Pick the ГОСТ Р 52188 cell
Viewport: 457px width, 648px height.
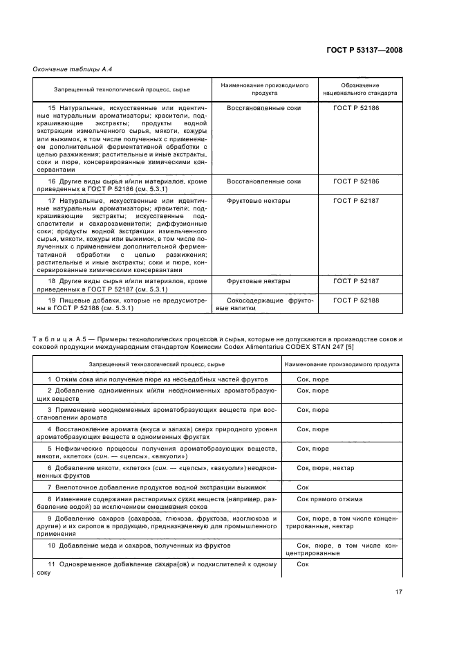click(356, 301)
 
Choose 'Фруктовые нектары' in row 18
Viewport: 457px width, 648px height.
click(259, 281)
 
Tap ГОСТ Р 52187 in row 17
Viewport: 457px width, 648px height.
click(356, 201)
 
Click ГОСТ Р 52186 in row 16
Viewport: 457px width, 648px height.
click(356, 181)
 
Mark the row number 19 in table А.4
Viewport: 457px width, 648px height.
click(52, 301)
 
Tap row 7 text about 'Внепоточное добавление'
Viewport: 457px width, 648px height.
click(149, 487)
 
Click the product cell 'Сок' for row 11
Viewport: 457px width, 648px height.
click(302, 564)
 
